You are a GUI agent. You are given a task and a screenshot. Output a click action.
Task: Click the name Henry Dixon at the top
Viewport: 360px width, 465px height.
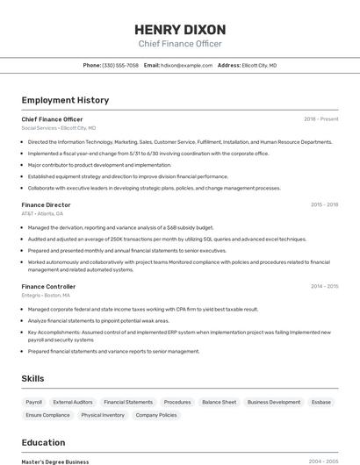click(180, 29)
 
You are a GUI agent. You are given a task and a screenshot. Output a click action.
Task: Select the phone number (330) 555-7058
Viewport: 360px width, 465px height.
click(120, 65)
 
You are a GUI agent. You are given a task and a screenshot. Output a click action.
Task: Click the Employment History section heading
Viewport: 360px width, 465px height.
click(65, 100)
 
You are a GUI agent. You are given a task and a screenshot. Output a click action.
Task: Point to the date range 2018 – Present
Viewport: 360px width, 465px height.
click(321, 119)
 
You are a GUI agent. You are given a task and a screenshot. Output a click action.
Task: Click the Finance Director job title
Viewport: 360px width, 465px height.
click(46, 204)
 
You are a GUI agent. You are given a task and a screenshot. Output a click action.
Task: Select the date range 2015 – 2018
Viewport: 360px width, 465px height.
click(324, 204)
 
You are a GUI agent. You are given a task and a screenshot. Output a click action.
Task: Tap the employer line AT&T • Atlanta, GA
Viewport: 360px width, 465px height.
click(42, 213)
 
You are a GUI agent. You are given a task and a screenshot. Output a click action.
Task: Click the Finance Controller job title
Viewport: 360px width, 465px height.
click(48, 286)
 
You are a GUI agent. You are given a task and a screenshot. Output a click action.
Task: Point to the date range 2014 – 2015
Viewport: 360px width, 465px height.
click(324, 286)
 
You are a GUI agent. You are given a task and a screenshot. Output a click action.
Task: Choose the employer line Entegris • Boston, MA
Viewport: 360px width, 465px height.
click(47, 295)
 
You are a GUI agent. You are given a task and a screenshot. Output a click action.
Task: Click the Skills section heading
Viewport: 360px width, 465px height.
click(33, 378)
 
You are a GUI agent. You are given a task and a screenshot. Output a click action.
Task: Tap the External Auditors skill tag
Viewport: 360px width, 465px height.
click(73, 402)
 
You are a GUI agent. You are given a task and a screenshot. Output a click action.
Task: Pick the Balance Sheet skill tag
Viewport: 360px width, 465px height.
click(219, 402)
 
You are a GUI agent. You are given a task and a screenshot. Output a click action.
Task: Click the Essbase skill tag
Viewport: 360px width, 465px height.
click(321, 402)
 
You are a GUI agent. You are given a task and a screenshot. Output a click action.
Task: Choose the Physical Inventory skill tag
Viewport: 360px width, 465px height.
click(103, 415)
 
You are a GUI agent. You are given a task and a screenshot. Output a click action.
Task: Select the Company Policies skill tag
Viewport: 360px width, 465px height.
click(156, 415)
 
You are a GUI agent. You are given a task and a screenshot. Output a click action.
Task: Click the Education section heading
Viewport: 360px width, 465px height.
click(43, 442)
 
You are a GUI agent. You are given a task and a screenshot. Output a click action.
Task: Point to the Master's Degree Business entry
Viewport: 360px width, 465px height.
click(55, 461)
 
